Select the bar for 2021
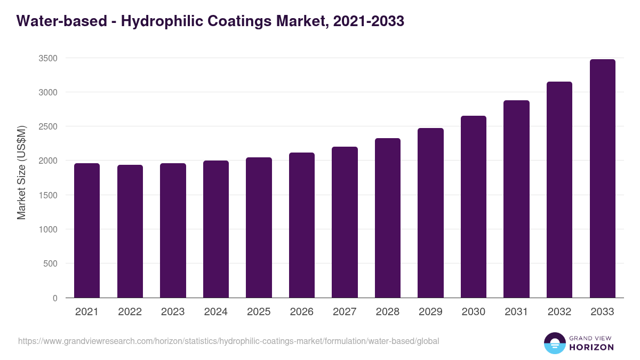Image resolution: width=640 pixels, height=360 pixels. tap(87, 230)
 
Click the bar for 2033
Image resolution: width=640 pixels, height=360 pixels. tap(602, 179)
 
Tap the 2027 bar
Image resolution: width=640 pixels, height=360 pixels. tap(345, 222)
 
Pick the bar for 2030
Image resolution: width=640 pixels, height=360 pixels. tap(474, 207)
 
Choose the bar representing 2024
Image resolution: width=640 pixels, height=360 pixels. tap(215, 229)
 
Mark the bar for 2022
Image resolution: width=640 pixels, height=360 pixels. tap(130, 231)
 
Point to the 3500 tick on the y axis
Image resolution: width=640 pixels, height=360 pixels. tap(48, 58)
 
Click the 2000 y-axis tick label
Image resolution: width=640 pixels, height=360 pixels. tap(48, 161)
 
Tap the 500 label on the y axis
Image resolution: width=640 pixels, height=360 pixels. tap(50, 263)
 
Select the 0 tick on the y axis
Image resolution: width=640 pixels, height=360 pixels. tap(55, 298)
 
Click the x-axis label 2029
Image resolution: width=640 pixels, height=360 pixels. tap(430, 312)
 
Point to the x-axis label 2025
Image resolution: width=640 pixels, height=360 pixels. tap(259, 312)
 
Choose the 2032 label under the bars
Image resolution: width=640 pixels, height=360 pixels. tap(559, 312)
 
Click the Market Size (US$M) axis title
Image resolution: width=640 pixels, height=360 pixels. tap(21, 172)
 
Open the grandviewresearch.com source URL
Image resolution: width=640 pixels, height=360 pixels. tap(229, 341)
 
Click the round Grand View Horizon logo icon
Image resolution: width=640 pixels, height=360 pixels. tap(554, 343)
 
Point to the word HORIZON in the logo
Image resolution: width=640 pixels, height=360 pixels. tap(591, 347)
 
